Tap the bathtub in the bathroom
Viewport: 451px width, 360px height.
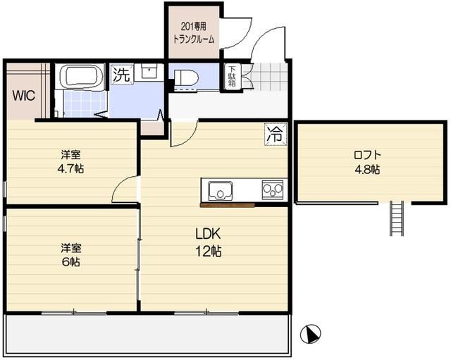click(80, 77)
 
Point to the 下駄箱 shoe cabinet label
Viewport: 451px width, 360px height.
click(231, 76)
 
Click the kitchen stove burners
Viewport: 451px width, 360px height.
click(272, 190)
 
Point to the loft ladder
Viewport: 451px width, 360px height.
click(396, 219)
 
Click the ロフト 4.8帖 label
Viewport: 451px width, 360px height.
click(366, 162)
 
